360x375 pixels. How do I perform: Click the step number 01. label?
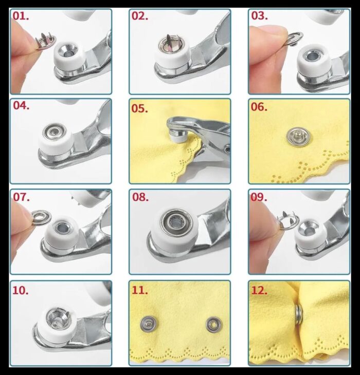coord(21,16)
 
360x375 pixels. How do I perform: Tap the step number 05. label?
coord(140,108)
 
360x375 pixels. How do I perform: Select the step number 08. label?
coord(140,197)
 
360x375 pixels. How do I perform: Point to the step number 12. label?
coord(259,290)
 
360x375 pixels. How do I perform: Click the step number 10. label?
coord(21,290)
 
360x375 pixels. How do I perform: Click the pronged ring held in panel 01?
coord(46,41)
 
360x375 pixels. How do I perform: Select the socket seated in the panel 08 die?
coord(176,221)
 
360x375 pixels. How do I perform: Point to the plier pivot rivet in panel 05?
coord(227,149)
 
